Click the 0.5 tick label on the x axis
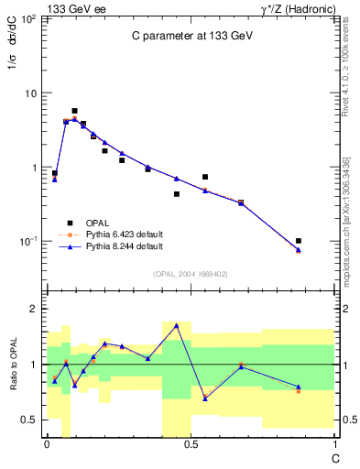[x=190, y=444]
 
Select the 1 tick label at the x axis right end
[x=333, y=444]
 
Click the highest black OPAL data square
[x=74, y=111]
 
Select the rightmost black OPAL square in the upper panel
[x=299, y=241]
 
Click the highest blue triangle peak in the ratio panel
[x=176, y=325]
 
